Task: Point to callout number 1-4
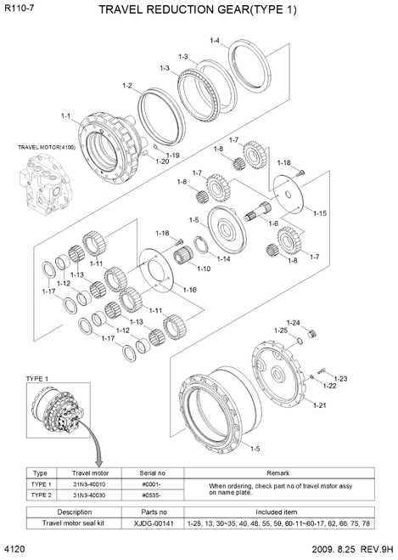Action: pos(215,41)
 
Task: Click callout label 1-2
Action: pos(127,85)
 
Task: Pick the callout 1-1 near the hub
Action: pos(66,116)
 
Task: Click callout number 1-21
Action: pos(319,405)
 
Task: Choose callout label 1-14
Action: pos(223,258)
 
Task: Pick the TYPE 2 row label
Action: pos(39,495)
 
